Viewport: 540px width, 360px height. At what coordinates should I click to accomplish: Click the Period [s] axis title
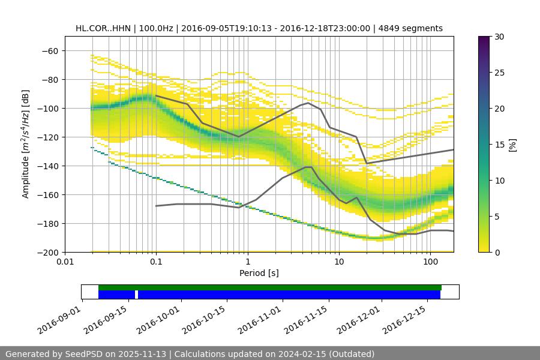(x=259, y=273)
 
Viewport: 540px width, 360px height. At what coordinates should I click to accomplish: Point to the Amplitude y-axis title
(x=26, y=144)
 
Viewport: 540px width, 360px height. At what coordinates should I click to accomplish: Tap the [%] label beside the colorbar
(x=512, y=145)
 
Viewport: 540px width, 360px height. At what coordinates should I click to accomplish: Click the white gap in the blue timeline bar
(x=136, y=295)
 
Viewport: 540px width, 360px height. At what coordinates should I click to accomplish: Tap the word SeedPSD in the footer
(x=88, y=354)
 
